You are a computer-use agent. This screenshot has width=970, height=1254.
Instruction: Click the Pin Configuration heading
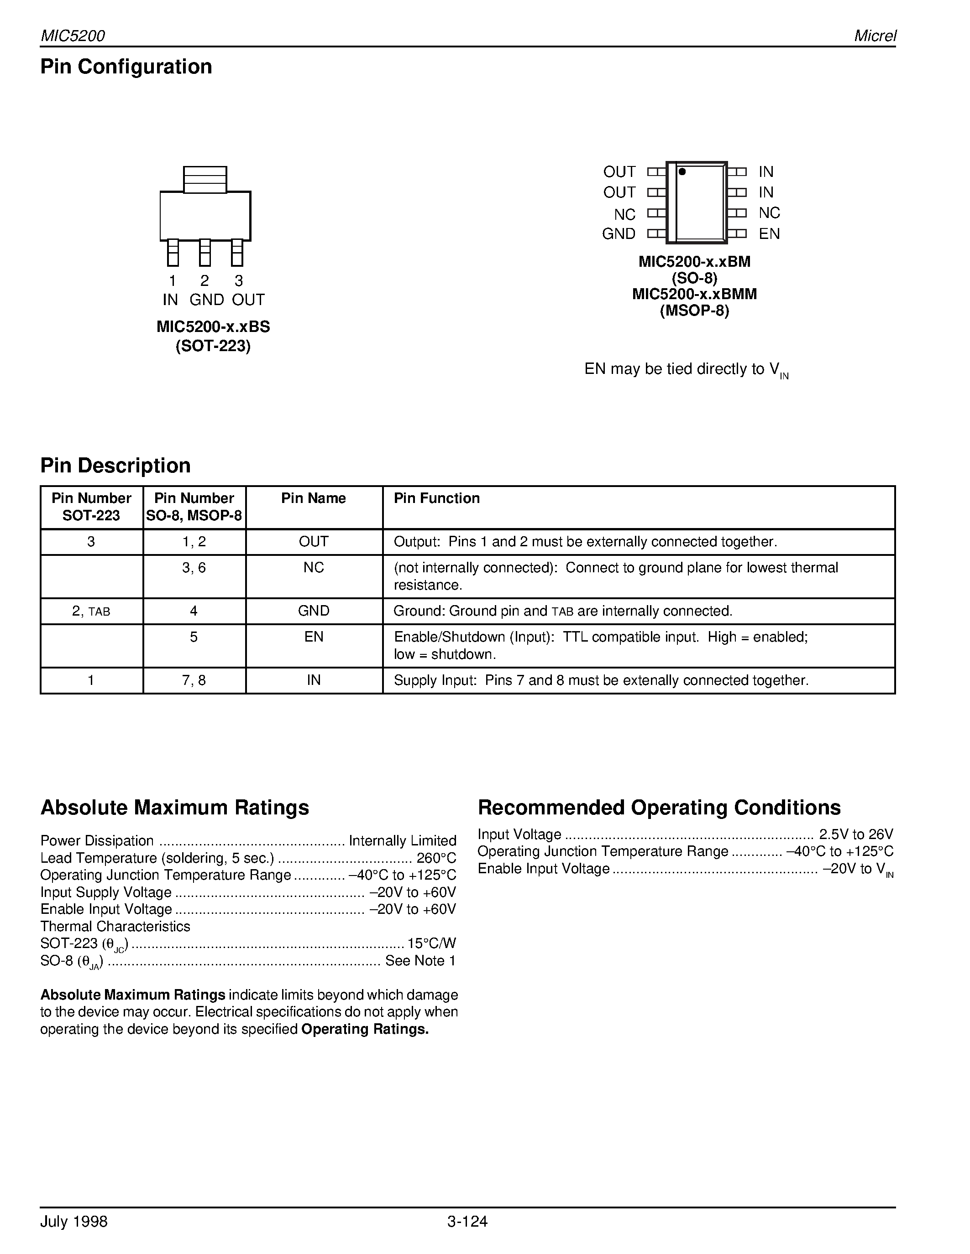pos(126,67)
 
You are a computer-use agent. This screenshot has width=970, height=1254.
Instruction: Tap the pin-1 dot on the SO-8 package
pos(682,171)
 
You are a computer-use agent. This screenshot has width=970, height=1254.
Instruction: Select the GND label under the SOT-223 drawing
pos(206,300)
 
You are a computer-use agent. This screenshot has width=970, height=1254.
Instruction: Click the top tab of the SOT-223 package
pos(205,179)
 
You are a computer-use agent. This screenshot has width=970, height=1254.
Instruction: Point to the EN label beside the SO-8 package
pos(769,233)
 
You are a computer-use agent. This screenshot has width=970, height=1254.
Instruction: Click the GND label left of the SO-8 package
pos(619,233)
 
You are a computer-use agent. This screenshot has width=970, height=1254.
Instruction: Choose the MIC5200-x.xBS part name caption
pos(213,326)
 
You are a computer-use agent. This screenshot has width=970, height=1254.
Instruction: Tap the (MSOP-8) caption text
pos(694,311)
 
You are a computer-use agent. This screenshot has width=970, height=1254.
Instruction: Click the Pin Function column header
pos(436,498)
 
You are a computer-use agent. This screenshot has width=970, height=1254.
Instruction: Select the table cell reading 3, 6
pos(194,567)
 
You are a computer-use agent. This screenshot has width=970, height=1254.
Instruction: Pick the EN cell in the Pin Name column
pos(314,636)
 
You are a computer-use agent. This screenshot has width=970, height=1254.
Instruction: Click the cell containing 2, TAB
pos(91,611)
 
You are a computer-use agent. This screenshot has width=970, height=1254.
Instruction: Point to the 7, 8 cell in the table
pos(194,680)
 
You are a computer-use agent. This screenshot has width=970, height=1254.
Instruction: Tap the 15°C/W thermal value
pos(431,943)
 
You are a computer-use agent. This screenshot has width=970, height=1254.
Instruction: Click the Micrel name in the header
pos(875,36)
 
